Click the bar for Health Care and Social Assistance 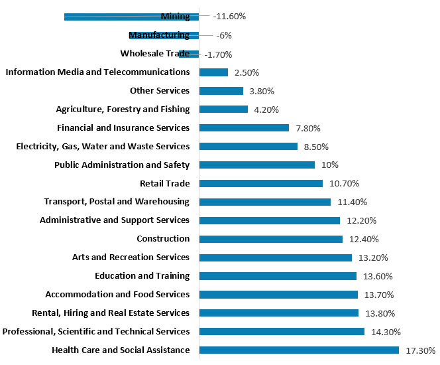[x=298, y=350]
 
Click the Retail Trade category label [x=164, y=183]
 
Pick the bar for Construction [x=270, y=239]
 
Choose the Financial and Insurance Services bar [x=243, y=127]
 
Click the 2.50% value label [x=247, y=72]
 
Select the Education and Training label [x=142, y=276]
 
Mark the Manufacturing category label [x=159, y=35]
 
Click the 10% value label [x=330, y=165]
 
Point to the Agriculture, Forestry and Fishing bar [x=223, y=110]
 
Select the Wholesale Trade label [x=155, y=54]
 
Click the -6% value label [x=224, y=35]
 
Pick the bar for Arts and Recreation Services [x=275, y=257]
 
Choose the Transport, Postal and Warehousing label [x=117, y=202]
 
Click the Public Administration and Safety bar [x=256, y=165]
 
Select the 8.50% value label [x=316, y=146]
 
